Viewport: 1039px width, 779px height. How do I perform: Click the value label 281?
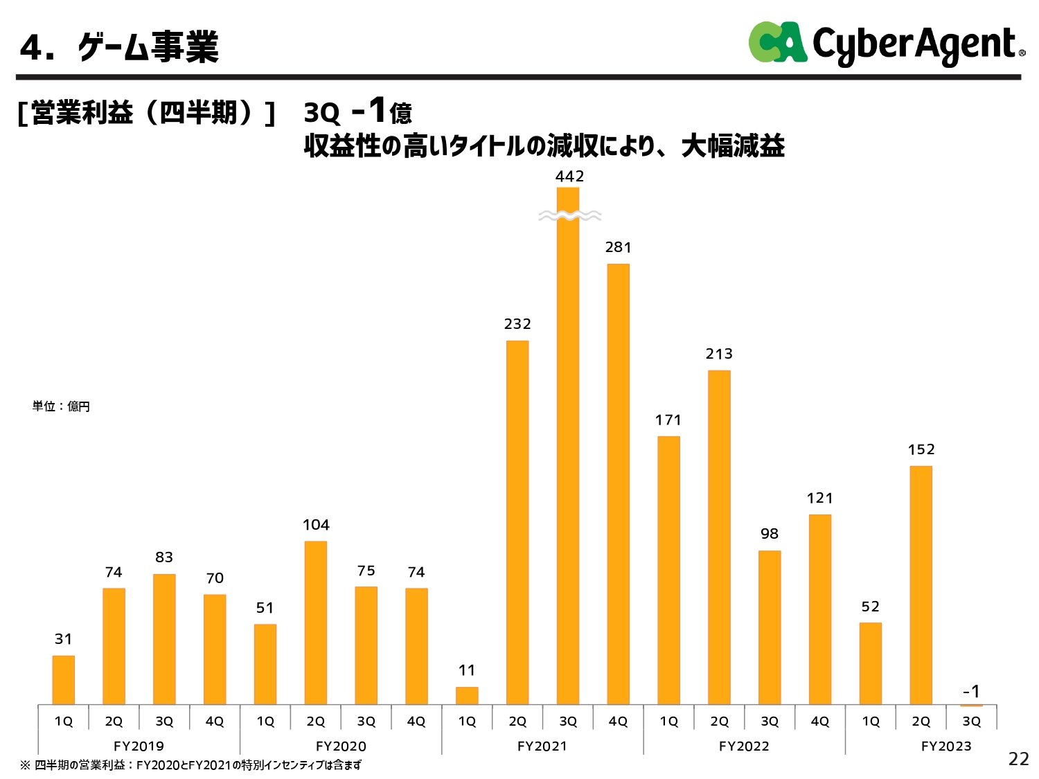[618, 247]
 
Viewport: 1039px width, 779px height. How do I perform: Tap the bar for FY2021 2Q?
[517, 523]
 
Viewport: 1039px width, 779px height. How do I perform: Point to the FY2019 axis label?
[139, 746]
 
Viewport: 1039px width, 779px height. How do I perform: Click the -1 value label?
[971, 691]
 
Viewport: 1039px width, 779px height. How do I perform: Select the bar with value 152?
[921, 585]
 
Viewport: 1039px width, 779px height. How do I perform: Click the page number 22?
[1018, 759]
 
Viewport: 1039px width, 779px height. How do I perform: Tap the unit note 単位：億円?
[61, 406]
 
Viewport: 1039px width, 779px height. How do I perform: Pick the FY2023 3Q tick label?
[971, 721]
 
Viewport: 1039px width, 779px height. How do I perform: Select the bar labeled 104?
[315, 623]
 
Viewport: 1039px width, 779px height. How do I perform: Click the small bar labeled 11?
[467, 695]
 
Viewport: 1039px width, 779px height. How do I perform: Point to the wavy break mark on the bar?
[569, 216]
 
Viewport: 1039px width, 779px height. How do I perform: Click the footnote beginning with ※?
[190, 765]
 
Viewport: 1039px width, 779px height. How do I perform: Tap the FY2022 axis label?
[744, 746]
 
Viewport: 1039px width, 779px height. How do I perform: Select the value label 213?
[719, 354]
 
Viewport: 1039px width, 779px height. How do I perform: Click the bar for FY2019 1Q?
[63, 680]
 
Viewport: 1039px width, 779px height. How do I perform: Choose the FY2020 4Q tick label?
[416, 721]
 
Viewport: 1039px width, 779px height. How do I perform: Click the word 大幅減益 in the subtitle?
[733, 146]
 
